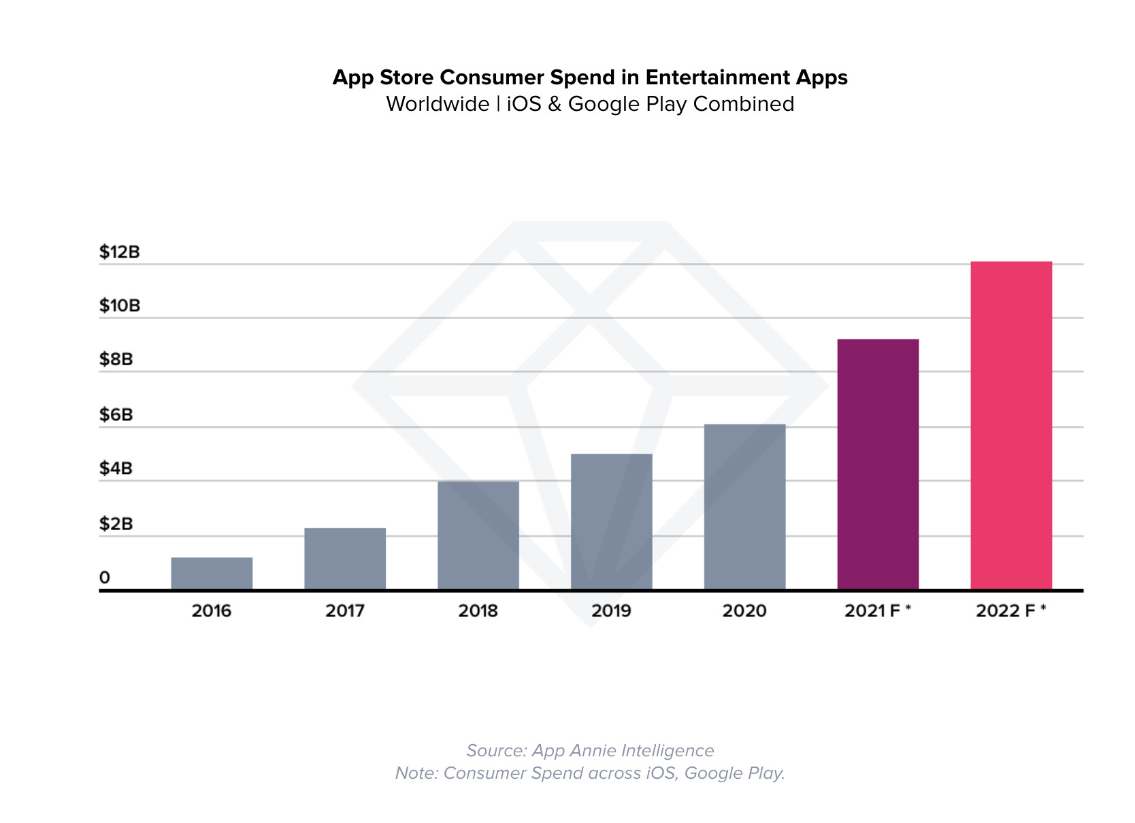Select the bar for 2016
click(212, 573)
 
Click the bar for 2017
click(345, 558)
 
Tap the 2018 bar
click(478, 535)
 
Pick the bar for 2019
click(611, 522)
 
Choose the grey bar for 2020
click(744, 507)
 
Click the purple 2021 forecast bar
click(878, 464)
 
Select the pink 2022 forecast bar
click(1011, 425)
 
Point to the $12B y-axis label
click(119, 252)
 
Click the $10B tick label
click(119, 305)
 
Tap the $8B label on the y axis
click(116, 359)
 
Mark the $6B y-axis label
click(116, 414)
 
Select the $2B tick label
click(116, 524)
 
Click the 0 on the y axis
click(105, 577)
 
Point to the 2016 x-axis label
click(212, 611)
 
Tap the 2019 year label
click(611, 611)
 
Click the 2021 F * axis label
click(877, 611)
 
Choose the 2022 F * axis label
click(1010, 611)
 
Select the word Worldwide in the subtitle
click(438, 104)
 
